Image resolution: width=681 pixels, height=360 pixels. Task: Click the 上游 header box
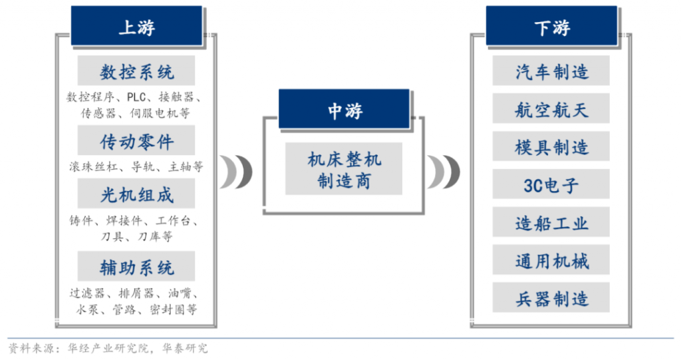pyautogui.click(x=136, y=26)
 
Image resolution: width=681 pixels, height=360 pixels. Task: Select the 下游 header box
pyautogui.click(x=551, y=26)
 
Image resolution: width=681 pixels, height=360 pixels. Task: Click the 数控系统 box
pyautogui.click(x=136, y=71)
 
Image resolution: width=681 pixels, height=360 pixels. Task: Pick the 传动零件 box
pyautogui.click(x=136, y=140)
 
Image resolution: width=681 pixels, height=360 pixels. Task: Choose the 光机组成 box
pyautogui.click(x=136, y=194)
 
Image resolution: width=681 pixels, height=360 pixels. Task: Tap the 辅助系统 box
pyautogui.click(x=136, y=266)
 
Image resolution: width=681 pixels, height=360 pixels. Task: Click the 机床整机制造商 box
pyautogui.click(x=344, y=169)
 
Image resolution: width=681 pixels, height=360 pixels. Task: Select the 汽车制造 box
pyautogui.click(x=551, y=71)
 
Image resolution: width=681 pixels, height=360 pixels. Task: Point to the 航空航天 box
pyautogui.click(x=551, y=108)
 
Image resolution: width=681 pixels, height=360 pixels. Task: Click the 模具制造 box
pyautogui.click(x=551, y=146)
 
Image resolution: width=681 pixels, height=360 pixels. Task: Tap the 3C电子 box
pyautogui.click(x=551, y=184)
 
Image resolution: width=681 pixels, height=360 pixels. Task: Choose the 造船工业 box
pyautogui.click(x=551, y=222)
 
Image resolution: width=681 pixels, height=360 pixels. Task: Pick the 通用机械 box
pyautogui.click(x=551, y=260)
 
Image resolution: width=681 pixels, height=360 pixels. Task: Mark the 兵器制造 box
pyautogui.click(x=551, y=297)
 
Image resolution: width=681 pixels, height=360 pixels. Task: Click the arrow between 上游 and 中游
pyautogui.click(x=236, y=172)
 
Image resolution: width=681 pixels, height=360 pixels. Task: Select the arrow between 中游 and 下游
pyautogui.click(x=444, y=172)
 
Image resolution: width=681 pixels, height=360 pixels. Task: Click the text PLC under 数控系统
pyautogui.click(x=136, y=97)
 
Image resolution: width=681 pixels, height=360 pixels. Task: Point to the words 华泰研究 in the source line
pyautogui.click(x=185, y=348)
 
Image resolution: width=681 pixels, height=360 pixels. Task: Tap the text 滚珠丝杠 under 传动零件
pyautogui.click(x=93, y=166)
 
